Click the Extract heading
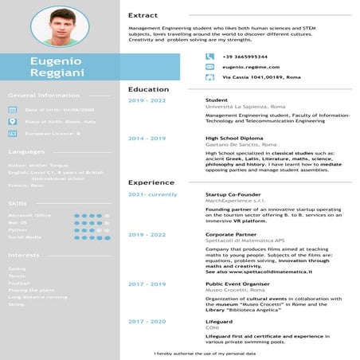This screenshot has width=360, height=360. pyautogui.click(x=143, y=15)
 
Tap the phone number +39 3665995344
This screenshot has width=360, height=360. pyautogui.click(x=245, y=57)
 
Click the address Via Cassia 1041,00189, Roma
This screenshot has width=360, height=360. pyautogui.click(x=260, y=77)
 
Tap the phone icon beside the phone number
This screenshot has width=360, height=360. pyautogui.click(x=209, y=57)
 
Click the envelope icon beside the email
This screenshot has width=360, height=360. pyautogui.click(x=209, y=67)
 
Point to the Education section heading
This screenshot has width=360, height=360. pyautogui.click(x=148, y=89)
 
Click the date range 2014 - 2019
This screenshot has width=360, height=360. pyautogui.click(x=147, y=138)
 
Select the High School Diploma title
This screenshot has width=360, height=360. pyautogui.click(x=235, y=138)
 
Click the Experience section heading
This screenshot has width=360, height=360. pyautogui.click(x=151, y=182)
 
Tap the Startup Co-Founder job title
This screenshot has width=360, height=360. pyautogui.click(x=233, y=194)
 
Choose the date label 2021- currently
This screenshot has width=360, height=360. pyautogui.click(x=152, y=194)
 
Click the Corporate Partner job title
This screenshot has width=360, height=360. pyautogui.click(x=230, y=235)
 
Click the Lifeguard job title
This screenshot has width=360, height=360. pyautogui.click(x=219, y=321)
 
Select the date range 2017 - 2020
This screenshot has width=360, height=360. pyautogui.click(x=147, y=321)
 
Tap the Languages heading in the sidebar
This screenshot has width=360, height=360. pyautogui.click(x=26, y=151)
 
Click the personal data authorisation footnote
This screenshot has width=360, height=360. pyautogui.click(x=205, y=353)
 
